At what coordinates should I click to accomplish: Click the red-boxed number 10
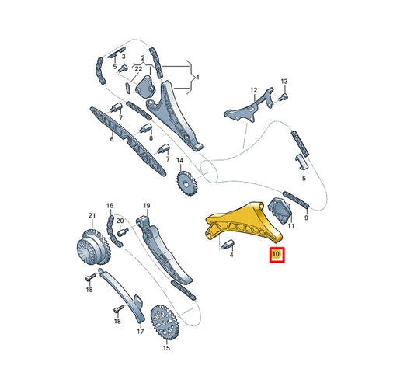click(x=277, y=253)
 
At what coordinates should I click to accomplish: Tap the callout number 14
click(x=179, y=162)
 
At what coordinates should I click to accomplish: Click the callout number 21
click(x=91, y=215)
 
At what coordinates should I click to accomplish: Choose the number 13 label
click(x=284, y=82)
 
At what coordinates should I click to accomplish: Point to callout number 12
click(x=252, y=91)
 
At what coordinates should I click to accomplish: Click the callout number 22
click(x=137, y=70)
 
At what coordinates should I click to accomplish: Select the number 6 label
click(x=111, y=139)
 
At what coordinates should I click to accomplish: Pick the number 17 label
click(x=141, y=331)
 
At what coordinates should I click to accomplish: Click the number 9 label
click(x=306, y=218)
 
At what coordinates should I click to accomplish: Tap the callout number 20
click(x=120, y=221)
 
